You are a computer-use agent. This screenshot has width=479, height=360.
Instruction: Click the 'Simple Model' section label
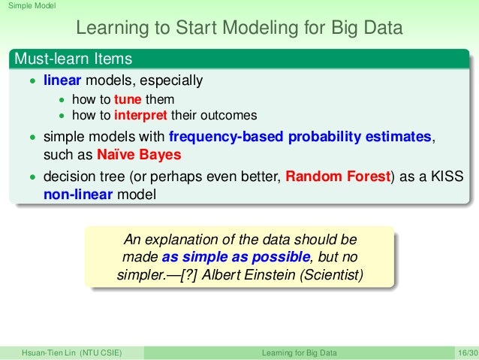pos(32,5)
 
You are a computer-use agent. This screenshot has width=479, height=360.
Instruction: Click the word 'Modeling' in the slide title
pos(261,28)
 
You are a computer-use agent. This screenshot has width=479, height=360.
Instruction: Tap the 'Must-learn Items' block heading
pos(73,59)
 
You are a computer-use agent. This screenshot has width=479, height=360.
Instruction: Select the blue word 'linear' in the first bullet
pos(62,80)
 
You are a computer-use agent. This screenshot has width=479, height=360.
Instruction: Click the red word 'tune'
pos(128,99)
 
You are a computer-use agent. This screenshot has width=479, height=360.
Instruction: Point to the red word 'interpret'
pos(140,116)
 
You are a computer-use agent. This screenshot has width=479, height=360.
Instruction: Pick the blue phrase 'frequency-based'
pos(226,137)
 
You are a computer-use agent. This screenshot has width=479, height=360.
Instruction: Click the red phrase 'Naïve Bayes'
pos(139,155)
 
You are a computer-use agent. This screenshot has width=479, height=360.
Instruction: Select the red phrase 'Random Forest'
pos(338,176)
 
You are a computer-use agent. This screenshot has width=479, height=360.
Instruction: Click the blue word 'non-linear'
pos(78,195)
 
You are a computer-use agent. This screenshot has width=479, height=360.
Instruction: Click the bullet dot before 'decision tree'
pos(33,177)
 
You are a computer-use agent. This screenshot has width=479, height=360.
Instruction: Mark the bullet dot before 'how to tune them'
pos(62,100)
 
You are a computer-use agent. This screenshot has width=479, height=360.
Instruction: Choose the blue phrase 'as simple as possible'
pos(236,257)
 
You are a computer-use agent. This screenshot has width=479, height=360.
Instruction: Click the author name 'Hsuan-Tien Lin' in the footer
pos(49,352)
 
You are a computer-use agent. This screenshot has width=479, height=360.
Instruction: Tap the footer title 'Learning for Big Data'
pos(300,352)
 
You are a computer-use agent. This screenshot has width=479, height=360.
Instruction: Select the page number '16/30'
pos(468,352)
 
